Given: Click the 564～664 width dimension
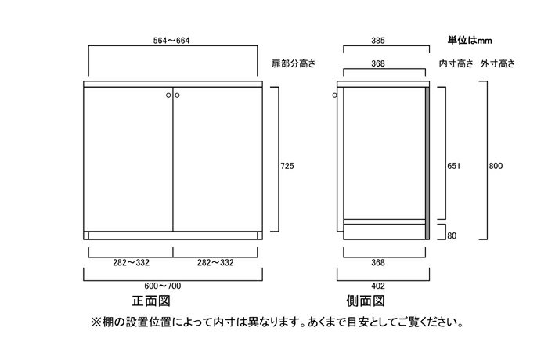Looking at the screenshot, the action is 171,41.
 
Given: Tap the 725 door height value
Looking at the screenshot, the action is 287,166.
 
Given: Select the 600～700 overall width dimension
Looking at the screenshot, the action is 163,286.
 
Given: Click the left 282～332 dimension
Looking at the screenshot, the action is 131,262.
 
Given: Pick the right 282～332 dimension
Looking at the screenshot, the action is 215,262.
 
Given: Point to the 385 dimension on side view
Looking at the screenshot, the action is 378,41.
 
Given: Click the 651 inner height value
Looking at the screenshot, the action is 453,166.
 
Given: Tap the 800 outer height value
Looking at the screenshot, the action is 496,166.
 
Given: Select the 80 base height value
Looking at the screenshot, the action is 452,236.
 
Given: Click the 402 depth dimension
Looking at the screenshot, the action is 378,286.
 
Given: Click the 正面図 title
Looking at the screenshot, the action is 151,301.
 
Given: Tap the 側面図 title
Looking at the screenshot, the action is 366,301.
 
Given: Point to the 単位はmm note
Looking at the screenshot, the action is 470,41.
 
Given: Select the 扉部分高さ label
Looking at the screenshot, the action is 294,63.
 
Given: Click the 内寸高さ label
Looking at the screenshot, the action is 456,63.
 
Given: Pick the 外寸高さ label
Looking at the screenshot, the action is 498,63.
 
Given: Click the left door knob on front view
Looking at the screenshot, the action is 168,95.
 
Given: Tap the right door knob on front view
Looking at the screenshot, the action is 177,95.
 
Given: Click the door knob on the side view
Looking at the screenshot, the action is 335,95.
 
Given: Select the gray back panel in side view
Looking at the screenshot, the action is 427,164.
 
